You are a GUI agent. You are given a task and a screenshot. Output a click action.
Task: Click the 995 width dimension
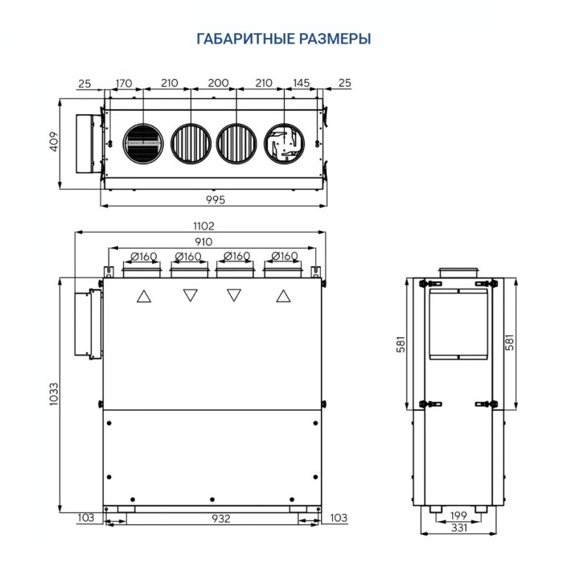click(215, 199)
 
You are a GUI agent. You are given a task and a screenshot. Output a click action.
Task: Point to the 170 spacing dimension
click(124, 83)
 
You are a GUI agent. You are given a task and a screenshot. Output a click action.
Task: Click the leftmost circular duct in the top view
click(143, 145)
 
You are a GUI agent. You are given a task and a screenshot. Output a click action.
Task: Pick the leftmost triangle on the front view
click(144, 296)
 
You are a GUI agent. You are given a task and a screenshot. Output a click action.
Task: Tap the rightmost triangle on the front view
click(282, 296)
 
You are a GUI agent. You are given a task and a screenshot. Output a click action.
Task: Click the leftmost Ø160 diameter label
click(143, 257)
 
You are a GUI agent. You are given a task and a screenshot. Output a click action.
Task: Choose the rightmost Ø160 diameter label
click(284, 257)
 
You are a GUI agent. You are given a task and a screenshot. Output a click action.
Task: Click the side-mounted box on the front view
click(88, 323)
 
